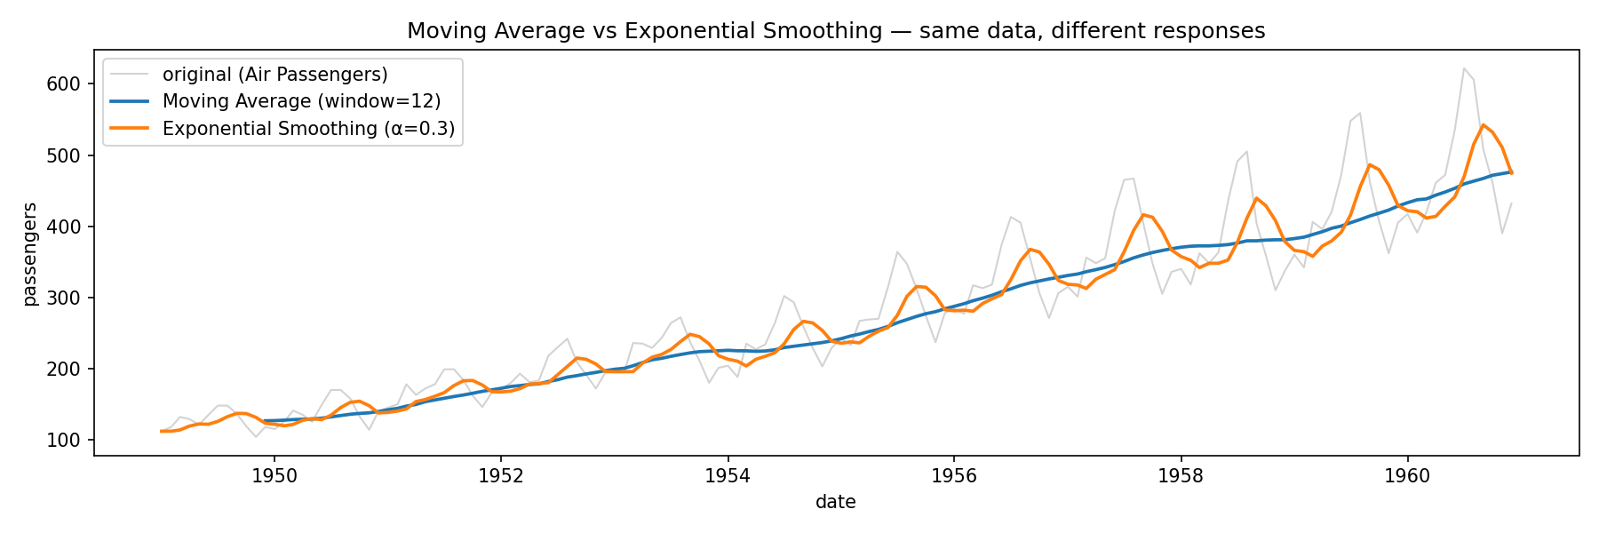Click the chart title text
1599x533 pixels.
[x=836, y=31]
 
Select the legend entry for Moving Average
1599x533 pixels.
[x=301, y=101]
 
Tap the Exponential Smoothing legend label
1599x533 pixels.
[x=308, y=129]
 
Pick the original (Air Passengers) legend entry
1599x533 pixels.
[x=275, y=74]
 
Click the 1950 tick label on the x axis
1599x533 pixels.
[x=274, y=475]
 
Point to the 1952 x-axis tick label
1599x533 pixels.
[x=500, y=475]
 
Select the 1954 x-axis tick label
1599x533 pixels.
[x=728, y=475]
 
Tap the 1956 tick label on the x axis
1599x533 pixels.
[x=954, y=475]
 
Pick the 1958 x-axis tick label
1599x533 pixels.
[x=1181, y=475]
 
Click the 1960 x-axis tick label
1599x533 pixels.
[x=1407, y=475]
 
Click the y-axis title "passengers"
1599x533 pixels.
[x=30, y=253]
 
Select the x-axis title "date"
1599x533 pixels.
[x=836, y=502]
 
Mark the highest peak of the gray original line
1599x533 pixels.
[x=1463, y=68]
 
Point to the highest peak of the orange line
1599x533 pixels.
[x=1483, y=124]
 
